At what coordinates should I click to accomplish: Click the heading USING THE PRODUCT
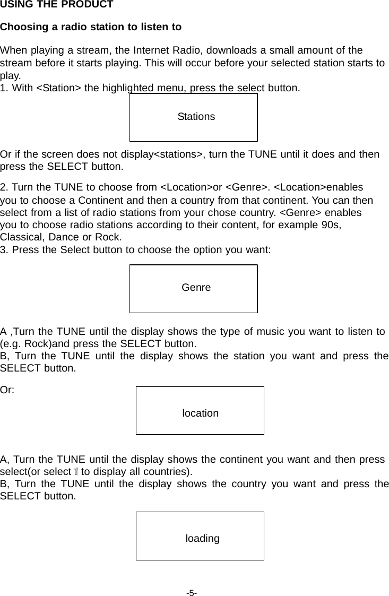pos(56,5)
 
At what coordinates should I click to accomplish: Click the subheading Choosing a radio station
pos(91,27)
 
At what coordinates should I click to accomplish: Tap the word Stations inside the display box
pos(196,117)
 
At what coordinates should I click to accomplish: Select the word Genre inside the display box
pos(196,288)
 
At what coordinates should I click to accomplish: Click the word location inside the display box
pos(200,413)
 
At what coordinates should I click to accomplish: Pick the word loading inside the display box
pos(202,539)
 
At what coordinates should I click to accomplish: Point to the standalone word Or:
pos(7,390)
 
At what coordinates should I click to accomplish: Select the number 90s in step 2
pos(331,224)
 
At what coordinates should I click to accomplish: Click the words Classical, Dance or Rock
pos(60,237)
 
